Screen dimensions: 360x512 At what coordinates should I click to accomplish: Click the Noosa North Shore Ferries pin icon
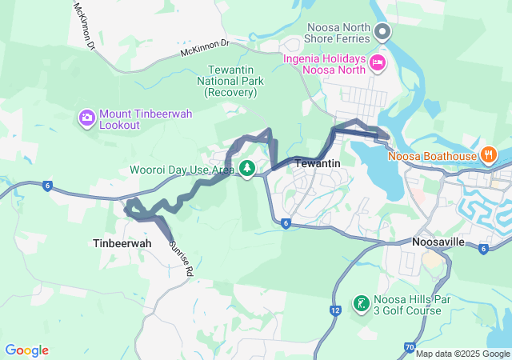(x=382, y=33)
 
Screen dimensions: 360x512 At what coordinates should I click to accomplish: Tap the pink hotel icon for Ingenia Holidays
(x=377, y=62)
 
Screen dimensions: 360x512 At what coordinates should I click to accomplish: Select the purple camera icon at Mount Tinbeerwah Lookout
(x=86, y=119)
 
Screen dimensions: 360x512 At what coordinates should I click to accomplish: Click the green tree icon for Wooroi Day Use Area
(x=247, y=168)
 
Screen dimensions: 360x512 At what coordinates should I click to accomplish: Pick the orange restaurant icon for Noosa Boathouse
(x=488, y=154)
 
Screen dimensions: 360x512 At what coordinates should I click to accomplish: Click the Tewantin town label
(x=318, y=163)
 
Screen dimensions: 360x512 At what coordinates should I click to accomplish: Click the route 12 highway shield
(x=334, y=310)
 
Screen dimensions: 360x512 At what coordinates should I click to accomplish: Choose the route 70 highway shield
(x=410, y=348)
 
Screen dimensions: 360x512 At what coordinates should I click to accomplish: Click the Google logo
(x=26, y=350)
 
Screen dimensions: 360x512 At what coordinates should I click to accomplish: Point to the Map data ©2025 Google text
(x=462, y=354)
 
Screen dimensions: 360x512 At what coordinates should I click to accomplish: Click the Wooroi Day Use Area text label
(x=182, y=170)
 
